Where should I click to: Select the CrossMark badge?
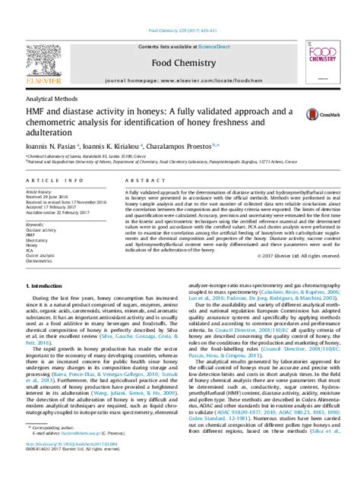click(x=316, y=114)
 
